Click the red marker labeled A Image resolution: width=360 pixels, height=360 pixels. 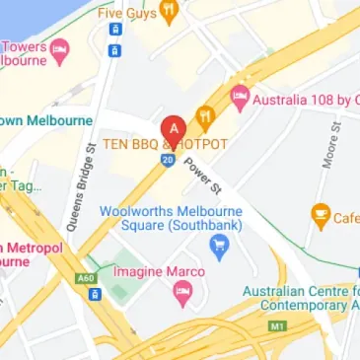coord(176,128)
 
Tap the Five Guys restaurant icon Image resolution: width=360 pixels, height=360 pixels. coord(170,13)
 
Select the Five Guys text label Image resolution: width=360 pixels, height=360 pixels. coord(126,14)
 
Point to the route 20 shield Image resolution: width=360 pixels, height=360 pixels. coord(169,159)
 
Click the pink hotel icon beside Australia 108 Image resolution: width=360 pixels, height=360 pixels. coord(239,99)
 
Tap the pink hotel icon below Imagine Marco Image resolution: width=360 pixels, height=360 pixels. coord(181,292)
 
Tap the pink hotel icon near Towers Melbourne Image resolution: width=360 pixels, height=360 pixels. coord(60,47)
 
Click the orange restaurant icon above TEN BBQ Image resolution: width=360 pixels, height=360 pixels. coord(205,114)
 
